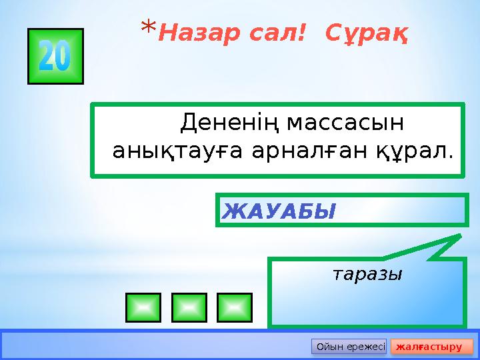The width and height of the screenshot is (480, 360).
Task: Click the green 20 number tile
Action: pos(55,57)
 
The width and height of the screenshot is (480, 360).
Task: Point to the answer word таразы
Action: pos(367,273)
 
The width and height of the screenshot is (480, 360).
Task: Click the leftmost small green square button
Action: pos(143,307)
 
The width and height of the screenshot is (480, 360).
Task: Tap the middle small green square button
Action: pos(189,307)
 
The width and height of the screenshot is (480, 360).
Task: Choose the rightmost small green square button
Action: pos(234,307)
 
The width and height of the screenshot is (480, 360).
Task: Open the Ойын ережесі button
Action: pos(349,347)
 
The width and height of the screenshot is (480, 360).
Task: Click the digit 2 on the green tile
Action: pos(47,58)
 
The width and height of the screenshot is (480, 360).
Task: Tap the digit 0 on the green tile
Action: pos(63,58)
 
